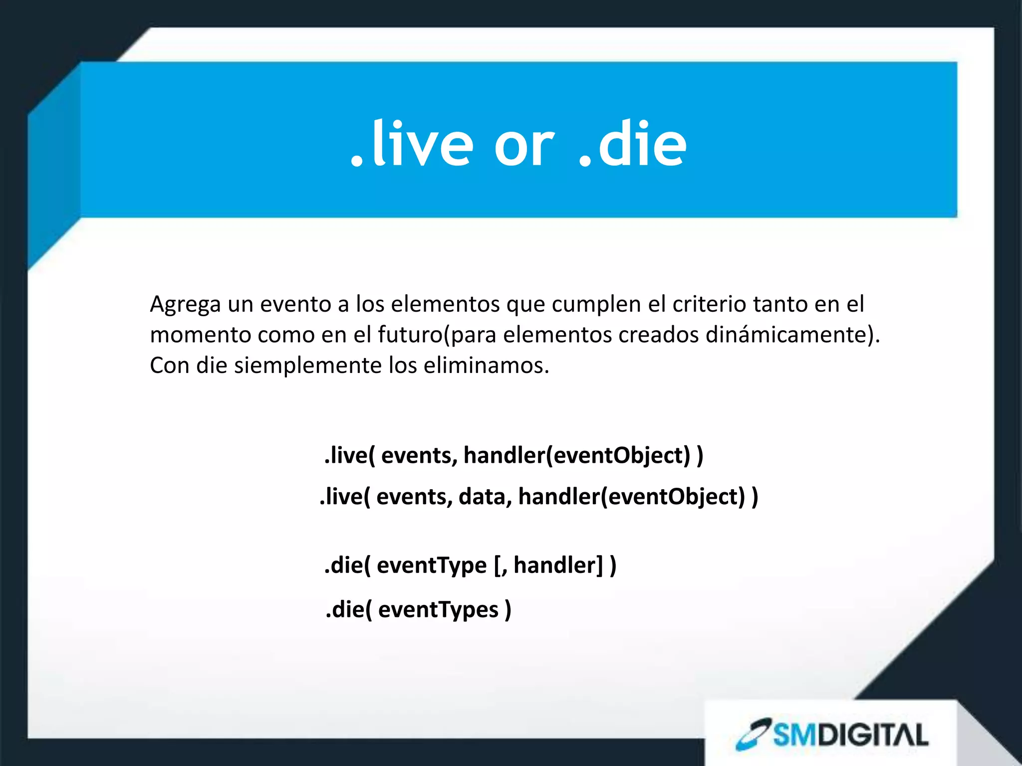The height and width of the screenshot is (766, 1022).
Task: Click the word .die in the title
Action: point(633,145)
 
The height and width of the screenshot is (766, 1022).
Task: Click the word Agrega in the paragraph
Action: point(185,304)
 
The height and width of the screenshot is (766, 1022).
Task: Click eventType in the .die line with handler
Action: point(432,566)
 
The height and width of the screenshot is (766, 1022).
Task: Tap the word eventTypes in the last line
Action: point(438,610)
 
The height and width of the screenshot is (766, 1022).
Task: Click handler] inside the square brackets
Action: point(559,566)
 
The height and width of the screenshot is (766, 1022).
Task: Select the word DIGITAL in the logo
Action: point(875,735)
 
